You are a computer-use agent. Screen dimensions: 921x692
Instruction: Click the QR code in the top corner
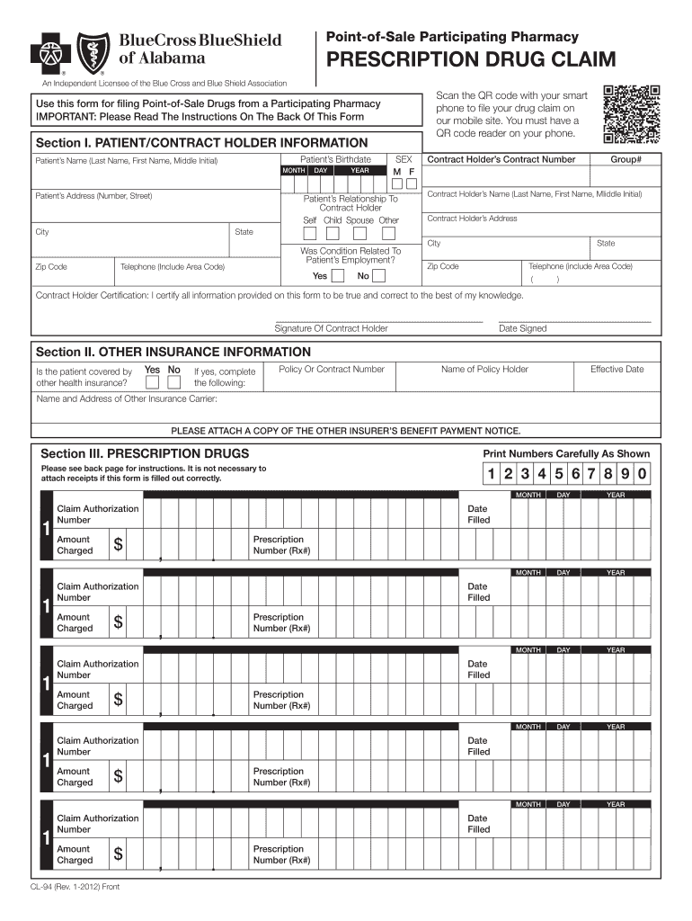(632, 114)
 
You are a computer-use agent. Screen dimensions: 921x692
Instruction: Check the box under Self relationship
(309, 233)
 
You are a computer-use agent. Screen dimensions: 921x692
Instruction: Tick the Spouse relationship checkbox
(359, 233)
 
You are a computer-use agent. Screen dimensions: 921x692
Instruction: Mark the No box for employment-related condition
(384, 276)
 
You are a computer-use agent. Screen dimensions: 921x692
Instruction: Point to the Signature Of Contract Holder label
(331, 328)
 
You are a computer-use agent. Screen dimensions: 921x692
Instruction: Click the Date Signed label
(522, 328)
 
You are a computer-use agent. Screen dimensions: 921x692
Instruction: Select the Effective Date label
(617, 369)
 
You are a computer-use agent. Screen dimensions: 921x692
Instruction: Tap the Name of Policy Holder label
(484, 369)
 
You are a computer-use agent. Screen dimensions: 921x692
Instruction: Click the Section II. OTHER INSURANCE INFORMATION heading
(173, 352)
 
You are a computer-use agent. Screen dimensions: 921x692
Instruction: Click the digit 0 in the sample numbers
(642, 474)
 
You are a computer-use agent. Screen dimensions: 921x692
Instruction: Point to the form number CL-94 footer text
(75, 888)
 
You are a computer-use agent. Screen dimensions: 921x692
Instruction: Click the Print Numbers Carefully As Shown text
(566, 454)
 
